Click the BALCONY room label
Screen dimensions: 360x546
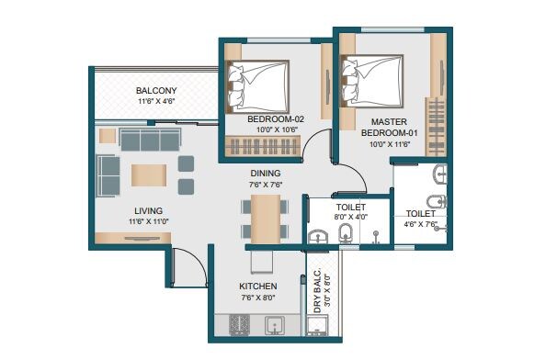(x=155, y=90)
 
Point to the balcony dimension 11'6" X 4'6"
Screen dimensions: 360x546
(x=155, y=103)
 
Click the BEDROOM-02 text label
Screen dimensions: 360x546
(x=276, y=119)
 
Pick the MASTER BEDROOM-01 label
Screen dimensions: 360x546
(x=395, y=127)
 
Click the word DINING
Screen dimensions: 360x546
(x=265, y=173)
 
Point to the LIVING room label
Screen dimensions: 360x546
(x=148, y=208)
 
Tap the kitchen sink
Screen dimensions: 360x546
(x=274, y=324)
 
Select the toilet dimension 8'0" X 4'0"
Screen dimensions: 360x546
(x=350, y=218)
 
